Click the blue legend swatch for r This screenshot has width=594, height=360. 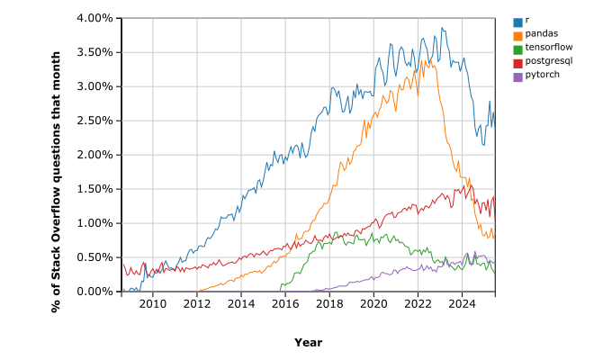click(517, 21)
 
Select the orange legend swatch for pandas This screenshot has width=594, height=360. click(517, 34)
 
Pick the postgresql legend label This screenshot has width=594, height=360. click(545, 61)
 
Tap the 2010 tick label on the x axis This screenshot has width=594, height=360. click(153, 304)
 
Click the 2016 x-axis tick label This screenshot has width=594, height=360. click(285, 304)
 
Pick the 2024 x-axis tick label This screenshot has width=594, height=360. click(462, 304)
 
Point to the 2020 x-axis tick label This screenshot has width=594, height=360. click(373, 304)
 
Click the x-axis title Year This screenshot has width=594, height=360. click(308, 343)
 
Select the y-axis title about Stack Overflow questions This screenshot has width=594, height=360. click(56, 155)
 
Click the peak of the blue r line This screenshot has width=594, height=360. click(442, 28)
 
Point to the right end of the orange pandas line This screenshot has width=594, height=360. click(494, 236)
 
